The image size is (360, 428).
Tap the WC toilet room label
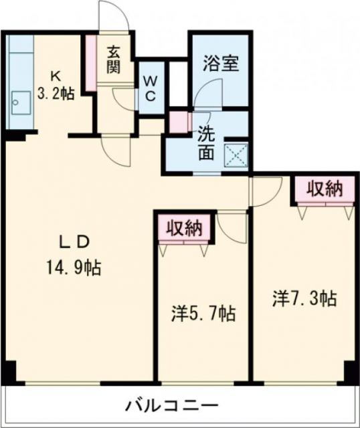(150, 86)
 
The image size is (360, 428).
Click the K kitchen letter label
(56, 74)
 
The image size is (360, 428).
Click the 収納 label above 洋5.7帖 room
(184, 228)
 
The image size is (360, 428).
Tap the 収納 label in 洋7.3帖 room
(324, 189)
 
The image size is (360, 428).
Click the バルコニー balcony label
(171, 406)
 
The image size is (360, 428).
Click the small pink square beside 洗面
(178, 122)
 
